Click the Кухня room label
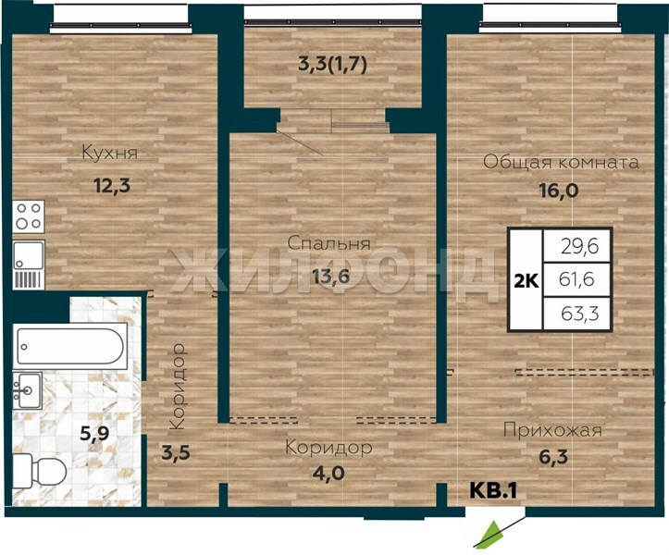[110, 153]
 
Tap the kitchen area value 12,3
[111, 186]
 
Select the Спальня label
[329, 243]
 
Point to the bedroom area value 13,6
[330, 277]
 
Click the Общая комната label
[561, 162]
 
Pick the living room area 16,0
[559, 191]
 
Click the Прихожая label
[552, 430]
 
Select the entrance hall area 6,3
[552, 457]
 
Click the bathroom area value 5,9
[94, 434]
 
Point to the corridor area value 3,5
[176, 452]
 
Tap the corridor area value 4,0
[328, 473]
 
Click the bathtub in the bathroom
[70, 346]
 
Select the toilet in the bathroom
[39, 473]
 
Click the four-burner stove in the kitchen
[29, 216]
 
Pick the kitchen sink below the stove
[29, 265]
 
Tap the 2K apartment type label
[527, 281]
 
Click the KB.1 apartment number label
[493, 490]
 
